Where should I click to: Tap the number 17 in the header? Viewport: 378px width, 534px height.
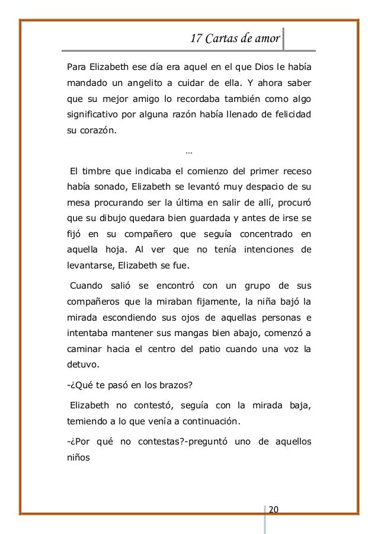pos(197,39)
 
